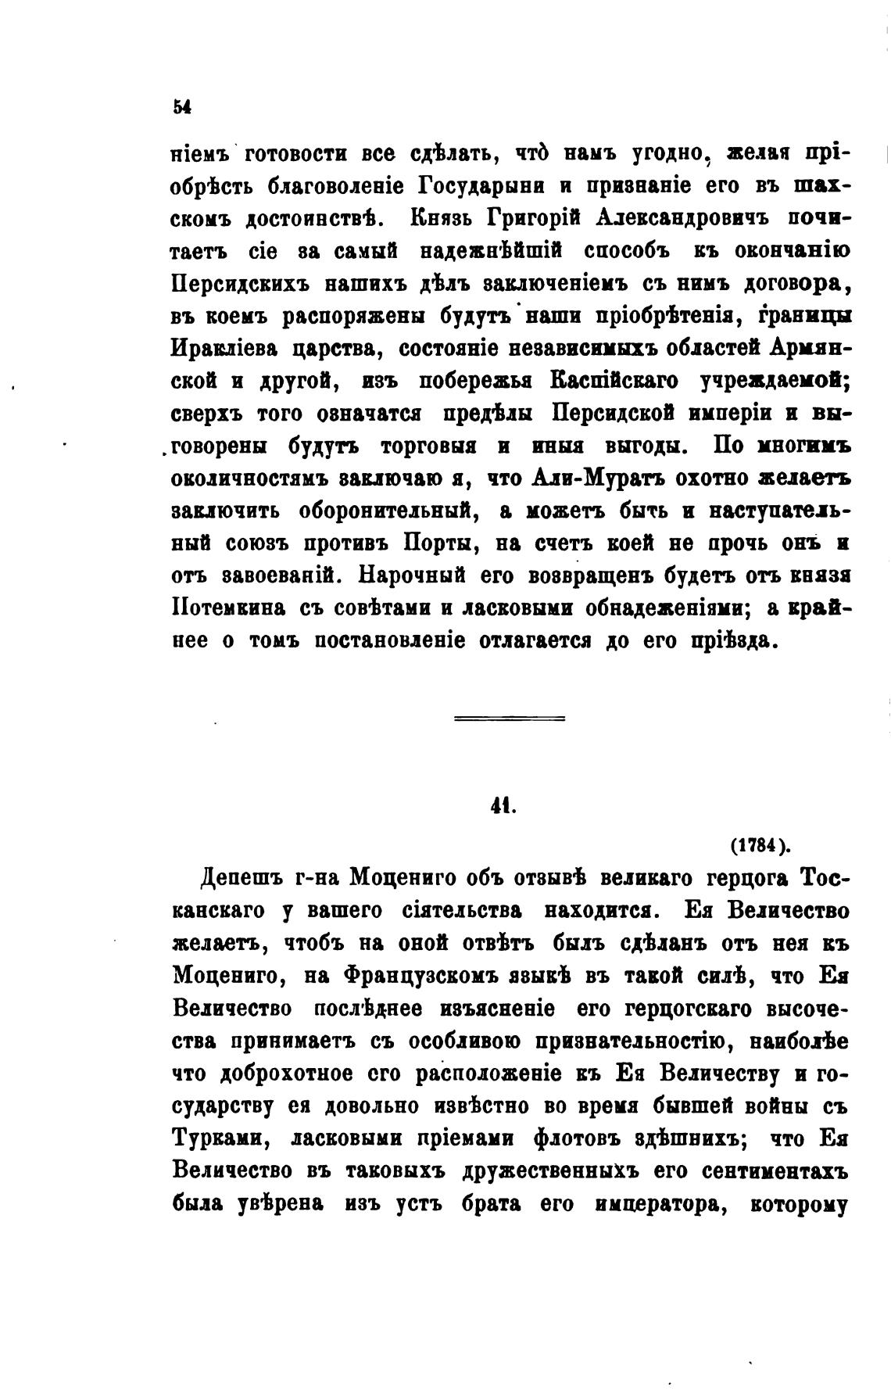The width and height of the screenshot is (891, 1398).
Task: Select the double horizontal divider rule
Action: coord(510,718)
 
